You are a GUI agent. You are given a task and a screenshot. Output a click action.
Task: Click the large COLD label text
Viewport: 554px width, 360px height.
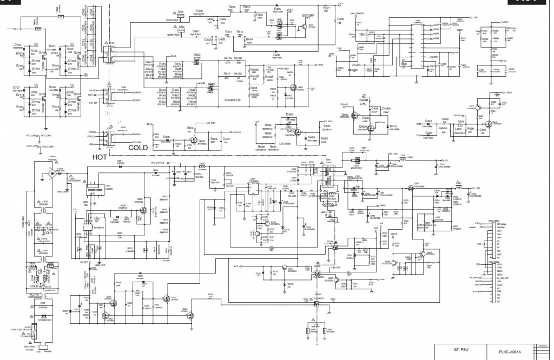(138, 146)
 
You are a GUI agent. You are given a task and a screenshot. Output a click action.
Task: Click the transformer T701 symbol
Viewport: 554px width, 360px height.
(113, 55)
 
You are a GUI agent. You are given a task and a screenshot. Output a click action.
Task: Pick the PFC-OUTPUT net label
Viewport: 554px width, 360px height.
(173, 162)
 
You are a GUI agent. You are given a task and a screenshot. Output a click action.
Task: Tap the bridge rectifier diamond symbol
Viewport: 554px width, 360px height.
(52, 177)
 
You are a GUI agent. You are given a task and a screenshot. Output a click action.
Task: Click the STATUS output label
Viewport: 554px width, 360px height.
(236, 131)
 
